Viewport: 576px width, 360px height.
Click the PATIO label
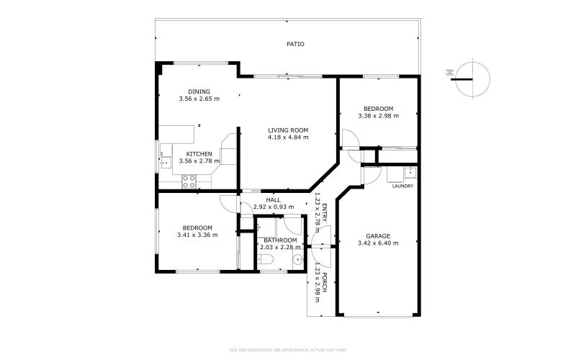click(x=295, y=44)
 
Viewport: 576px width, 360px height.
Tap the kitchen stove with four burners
click(x=189, y=181)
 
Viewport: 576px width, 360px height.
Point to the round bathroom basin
click(x=297, y=261)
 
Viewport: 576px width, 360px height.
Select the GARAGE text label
click(x=378, y=235)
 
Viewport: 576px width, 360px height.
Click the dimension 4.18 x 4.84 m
click(x=288, y=137)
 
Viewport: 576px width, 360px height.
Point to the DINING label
click(x=199, y=91)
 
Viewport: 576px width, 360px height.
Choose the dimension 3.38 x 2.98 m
click(x=378, y=115)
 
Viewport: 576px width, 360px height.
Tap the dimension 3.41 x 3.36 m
click(x=197, y=234)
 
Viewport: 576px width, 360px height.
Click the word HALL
click(x=273, y=200)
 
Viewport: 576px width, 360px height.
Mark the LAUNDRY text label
click(x=402, y=186)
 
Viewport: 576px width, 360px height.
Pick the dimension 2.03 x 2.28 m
click(x=280, y=247)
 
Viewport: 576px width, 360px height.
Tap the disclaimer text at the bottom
click(x=288, y=351)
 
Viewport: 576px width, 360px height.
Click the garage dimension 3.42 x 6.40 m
click(x=378, y=243)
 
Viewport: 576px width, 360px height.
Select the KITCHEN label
click(x=199, y=154)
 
